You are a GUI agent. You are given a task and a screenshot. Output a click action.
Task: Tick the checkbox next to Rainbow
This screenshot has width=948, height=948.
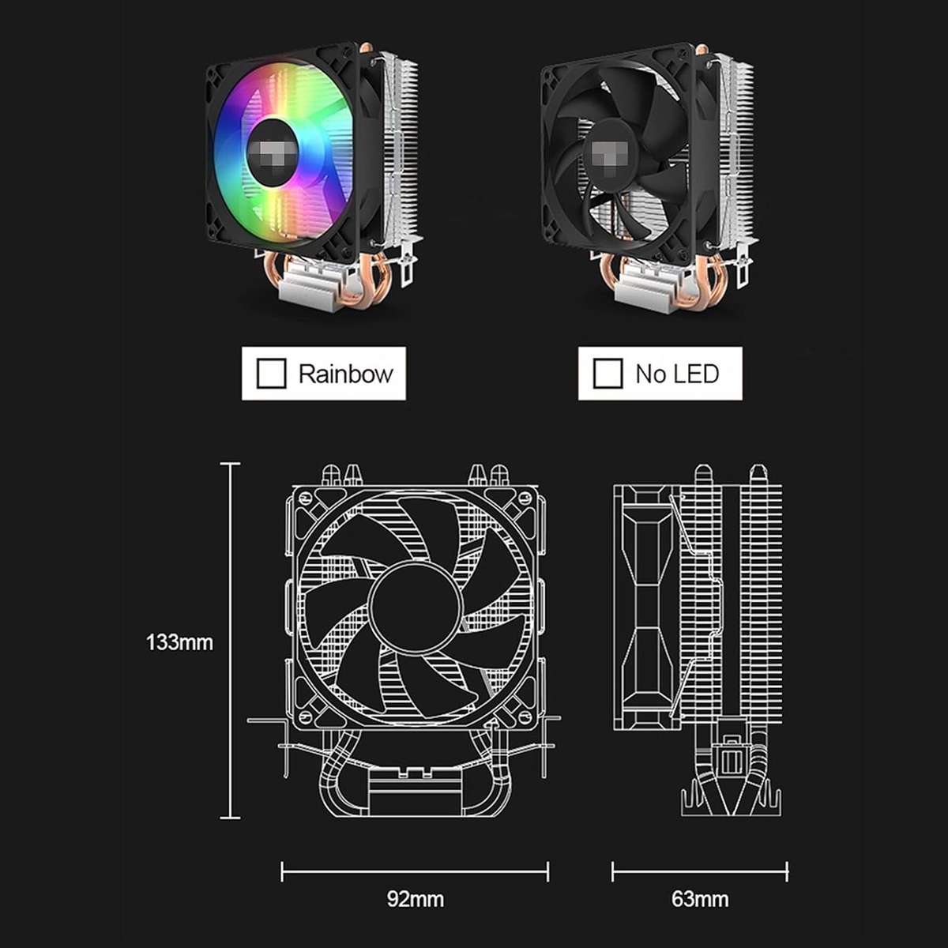click(271, 374)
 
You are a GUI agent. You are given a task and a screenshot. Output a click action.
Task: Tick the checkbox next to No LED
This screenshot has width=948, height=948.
click(608, 374)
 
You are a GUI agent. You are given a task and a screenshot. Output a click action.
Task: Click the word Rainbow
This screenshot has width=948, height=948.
click(345, 374)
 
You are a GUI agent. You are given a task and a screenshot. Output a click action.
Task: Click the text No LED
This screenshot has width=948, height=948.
click(677, 374)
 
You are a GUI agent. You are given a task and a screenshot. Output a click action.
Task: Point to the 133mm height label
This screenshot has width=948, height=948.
click(179, 642)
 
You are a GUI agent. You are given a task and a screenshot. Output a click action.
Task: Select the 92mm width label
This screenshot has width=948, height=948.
click(415, 899)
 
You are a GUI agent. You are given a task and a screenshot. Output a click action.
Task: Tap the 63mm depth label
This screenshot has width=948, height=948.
click(700, 899)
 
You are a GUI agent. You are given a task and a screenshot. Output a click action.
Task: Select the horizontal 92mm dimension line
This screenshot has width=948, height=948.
click(415, 873)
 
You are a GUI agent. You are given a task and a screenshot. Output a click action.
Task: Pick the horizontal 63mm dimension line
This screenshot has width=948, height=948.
click(700, 873)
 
